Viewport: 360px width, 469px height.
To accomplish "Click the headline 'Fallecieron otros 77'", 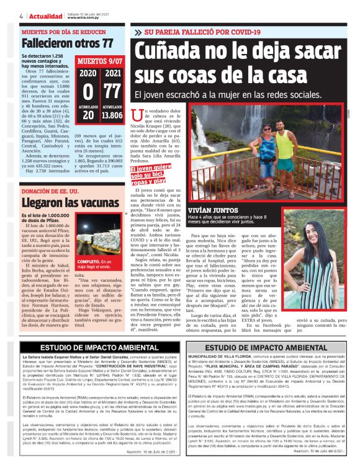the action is point(67,43).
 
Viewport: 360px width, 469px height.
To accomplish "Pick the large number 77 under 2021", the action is point(112,91).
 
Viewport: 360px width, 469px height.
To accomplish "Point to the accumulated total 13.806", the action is point(112,115).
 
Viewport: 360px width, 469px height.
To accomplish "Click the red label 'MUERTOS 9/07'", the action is point(99,61).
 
